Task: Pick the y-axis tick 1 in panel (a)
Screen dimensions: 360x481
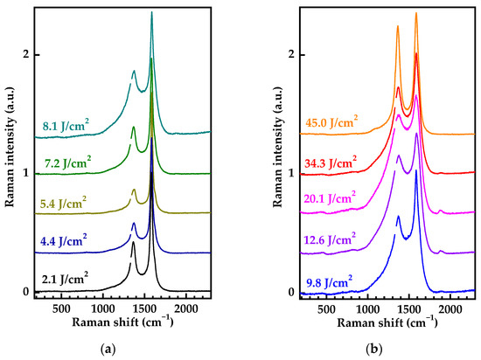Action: click(26, 173)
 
